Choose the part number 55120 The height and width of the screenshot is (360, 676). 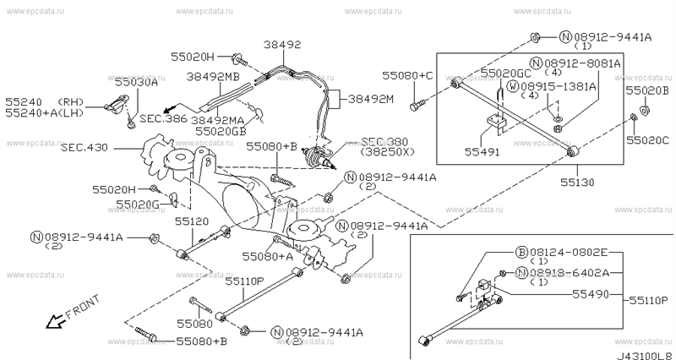(192, 221)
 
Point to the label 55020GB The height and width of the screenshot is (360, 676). (221, 132)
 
